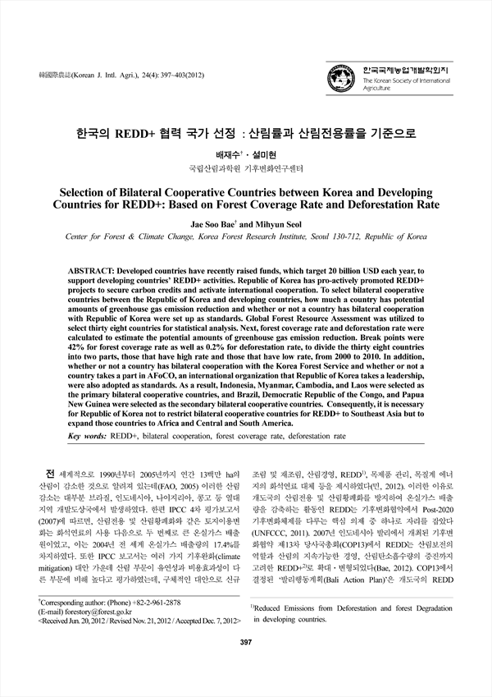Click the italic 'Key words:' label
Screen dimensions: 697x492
click(88, 436)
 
